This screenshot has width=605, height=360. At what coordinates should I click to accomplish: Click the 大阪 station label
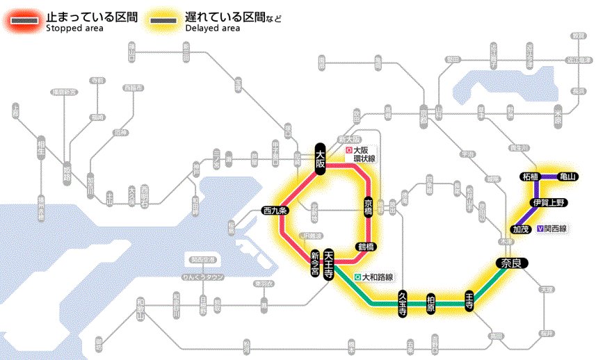tap(321, 159)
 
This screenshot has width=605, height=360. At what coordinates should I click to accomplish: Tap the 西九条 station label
tap(275, 210)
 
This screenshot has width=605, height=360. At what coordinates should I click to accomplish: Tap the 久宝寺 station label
tap(403, 304)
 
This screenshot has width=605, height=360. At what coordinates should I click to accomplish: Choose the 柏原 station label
tap(431, 304)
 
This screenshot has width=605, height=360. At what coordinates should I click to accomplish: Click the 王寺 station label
tap(469, 300)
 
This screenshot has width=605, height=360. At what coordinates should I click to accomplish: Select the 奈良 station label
tap(511, 263)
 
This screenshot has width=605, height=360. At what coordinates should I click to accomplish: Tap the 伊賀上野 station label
tap(549, 202)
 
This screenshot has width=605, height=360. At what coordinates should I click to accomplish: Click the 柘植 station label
tap(531, 177)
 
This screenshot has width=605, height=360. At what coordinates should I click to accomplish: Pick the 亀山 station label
tap(568, 177)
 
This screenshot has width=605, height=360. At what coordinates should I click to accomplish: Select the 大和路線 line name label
tap(373, 277)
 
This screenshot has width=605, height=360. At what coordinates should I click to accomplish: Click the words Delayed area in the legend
tap(212, 28)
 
